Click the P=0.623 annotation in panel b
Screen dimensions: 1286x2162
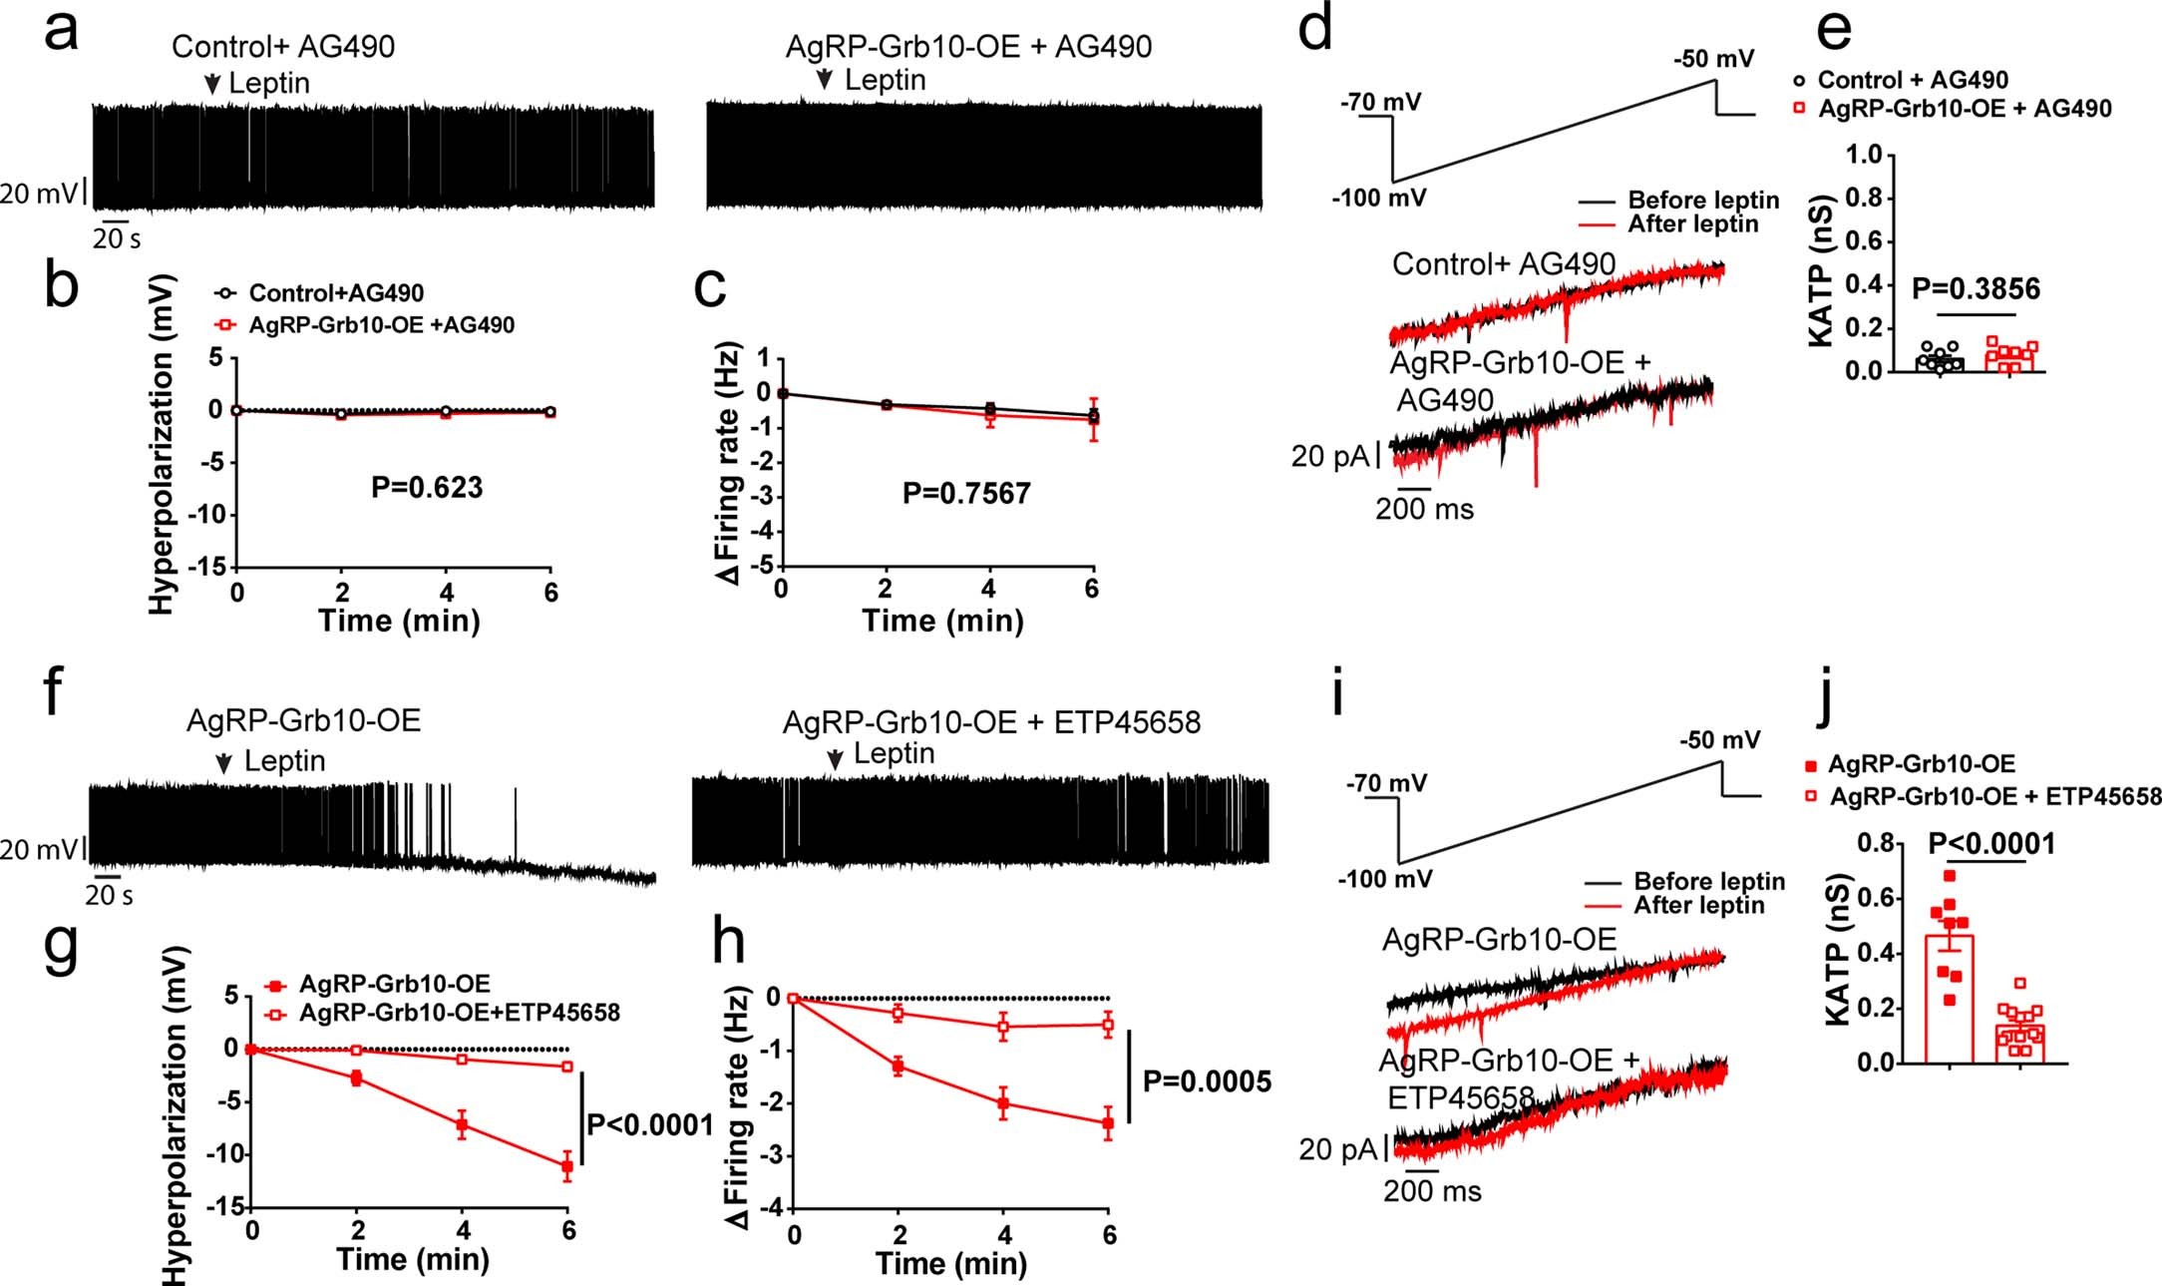[427, 488]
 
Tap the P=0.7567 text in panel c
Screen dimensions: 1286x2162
[965, 493]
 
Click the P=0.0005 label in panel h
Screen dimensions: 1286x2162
[1207, 1081]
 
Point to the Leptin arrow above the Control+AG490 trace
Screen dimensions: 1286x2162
[211, 85]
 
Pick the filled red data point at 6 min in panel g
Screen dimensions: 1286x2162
[567, 1165]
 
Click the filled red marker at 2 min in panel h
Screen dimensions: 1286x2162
[899, 1067]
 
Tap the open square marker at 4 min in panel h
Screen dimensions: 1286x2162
[1003, 1026]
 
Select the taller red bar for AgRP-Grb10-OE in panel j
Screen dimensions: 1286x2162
[1949, 998]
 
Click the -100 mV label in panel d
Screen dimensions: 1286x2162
[1378, 198]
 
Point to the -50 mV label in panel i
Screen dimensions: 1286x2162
[1719, 740]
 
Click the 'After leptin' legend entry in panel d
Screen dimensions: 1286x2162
[1692, 224]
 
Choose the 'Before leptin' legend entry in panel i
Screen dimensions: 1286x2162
[1708, 881]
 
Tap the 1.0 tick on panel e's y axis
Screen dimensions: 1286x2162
[1863, 155]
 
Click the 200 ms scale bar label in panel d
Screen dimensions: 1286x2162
[1424, 510]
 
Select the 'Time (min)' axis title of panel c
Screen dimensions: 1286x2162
[942, 622]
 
